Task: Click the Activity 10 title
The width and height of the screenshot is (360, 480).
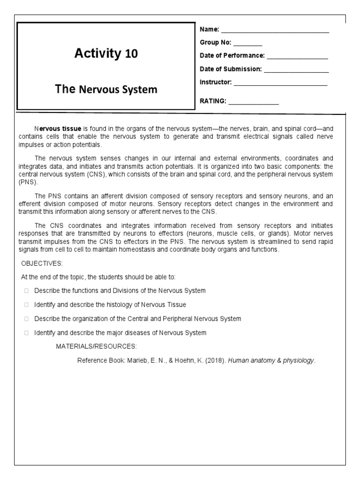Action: click(x=106, y=54)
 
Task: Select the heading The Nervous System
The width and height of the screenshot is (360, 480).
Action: click(x=106, y=89)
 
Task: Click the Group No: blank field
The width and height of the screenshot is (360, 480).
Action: click(x=247, y=43)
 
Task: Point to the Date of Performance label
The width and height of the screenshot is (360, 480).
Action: click(x=232, y=56)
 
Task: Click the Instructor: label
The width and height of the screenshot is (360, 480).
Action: click(x=216, y=82)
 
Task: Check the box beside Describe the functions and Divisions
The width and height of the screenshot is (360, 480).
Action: click(x=27, y=291)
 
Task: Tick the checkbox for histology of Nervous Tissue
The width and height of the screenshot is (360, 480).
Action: click(x=27, y=305)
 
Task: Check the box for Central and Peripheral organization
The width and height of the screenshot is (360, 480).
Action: click(x=27, y=319)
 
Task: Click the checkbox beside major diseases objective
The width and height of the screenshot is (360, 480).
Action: click(x=27, y=333)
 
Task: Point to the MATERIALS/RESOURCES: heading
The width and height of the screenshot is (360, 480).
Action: click(x=97, y=346)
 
